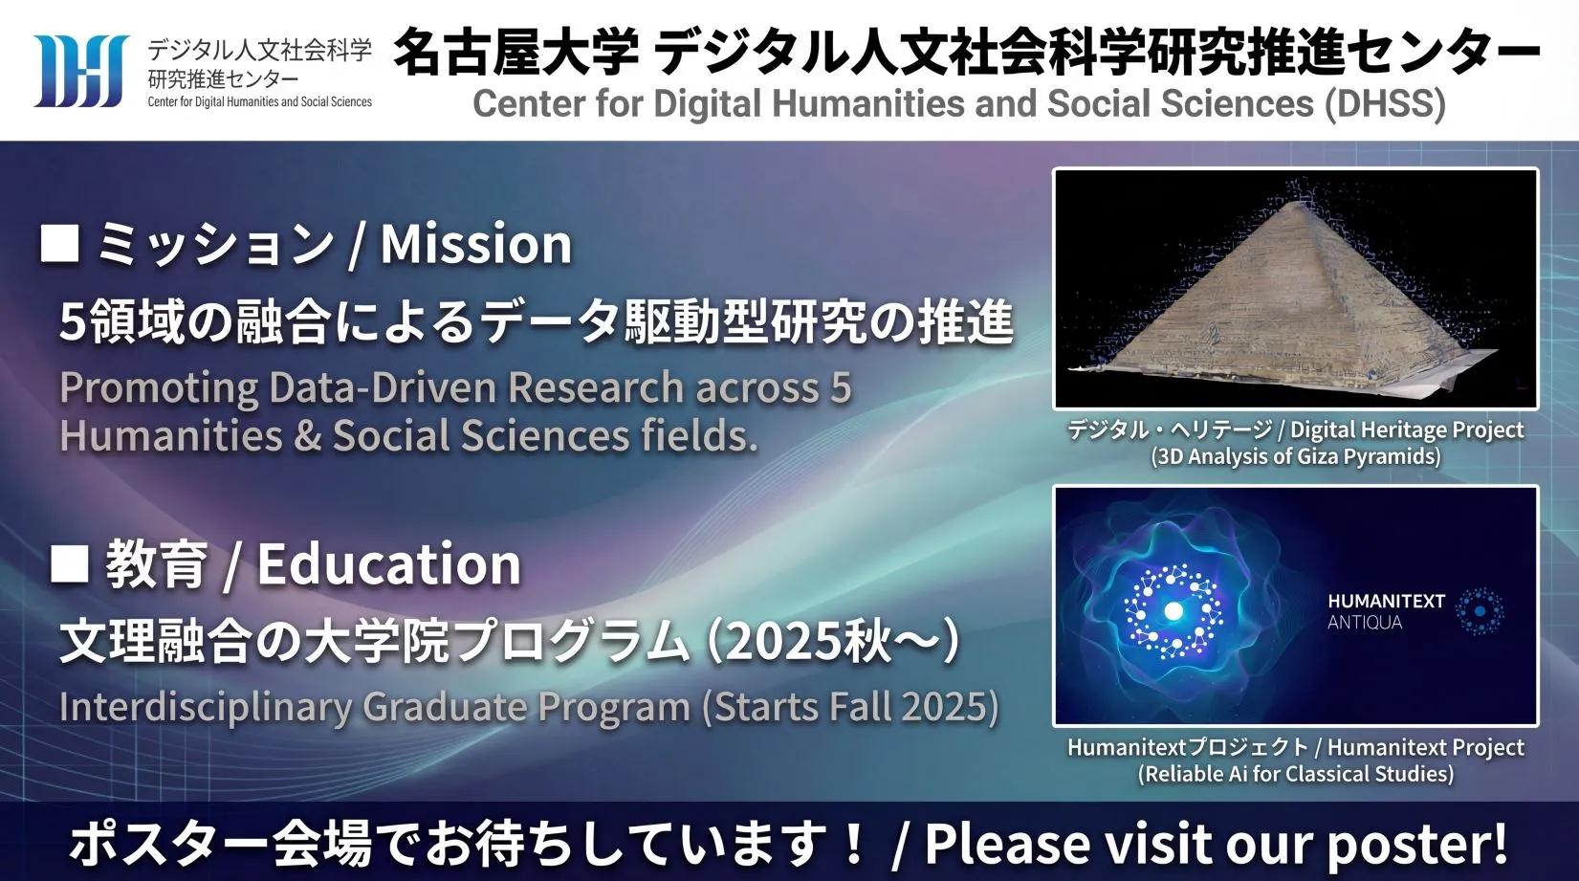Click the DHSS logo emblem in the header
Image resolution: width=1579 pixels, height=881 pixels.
(80, 71)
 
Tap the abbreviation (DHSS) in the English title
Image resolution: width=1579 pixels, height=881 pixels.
(1385, 104)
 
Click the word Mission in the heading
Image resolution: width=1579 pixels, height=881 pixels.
(476, 245)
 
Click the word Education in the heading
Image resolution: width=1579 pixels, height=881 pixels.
(388, 564)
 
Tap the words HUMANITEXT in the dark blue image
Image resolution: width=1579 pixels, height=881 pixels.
(1386, 601)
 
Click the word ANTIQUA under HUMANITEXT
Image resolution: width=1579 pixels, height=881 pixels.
(1365, 623)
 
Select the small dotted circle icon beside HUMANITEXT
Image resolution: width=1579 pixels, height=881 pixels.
(1480, 610)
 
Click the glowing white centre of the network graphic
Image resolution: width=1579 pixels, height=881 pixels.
(1173, 610)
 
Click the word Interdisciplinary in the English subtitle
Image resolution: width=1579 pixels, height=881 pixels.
(205, 708)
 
